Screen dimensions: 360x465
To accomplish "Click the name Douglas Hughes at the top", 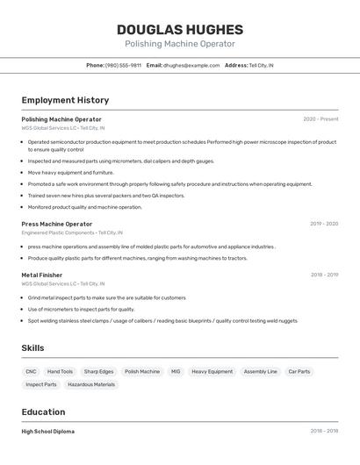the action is [180, 28].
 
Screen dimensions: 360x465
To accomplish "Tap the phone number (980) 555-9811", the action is [123, 66].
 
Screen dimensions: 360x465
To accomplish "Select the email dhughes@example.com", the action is [191, 66].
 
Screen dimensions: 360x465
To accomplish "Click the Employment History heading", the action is [65, 100].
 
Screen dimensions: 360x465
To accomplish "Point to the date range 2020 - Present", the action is [320, 119].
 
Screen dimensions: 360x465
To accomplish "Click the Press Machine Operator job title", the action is [56, 224].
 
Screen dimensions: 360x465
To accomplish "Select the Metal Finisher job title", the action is [41, 275].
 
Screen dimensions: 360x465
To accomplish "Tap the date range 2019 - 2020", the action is [324, 224].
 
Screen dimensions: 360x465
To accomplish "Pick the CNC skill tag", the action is [31, 372].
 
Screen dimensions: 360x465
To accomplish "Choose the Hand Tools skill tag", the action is [60, 372].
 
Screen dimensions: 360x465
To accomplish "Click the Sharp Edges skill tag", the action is [98, 372].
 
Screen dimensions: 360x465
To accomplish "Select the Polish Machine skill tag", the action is [142, 372].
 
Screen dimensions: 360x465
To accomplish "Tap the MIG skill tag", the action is [176, 372].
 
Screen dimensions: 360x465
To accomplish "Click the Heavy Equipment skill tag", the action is [212, 372].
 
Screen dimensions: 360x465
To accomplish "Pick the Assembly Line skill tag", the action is [260, 372].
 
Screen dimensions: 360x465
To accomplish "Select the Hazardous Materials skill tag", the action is [91, 384].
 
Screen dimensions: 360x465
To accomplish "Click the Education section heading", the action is [43, 412].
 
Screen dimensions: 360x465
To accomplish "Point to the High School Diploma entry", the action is [47, 432].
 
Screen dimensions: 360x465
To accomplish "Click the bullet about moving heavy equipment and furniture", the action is [70, 173].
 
